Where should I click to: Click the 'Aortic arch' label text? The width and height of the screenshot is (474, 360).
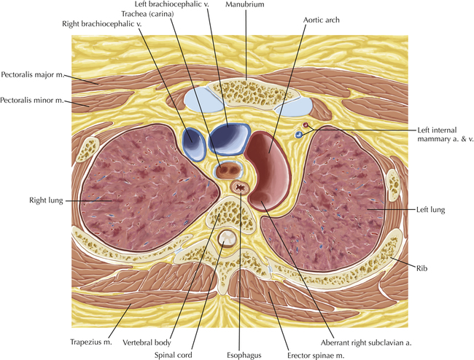click(321, 20)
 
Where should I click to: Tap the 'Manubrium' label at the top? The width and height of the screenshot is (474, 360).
click(244, 4)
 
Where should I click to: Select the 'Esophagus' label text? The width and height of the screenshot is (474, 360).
click(244, 356)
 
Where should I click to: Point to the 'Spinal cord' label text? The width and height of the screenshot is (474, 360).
click(174, 355)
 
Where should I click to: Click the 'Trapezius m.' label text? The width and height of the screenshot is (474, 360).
click(91, 342)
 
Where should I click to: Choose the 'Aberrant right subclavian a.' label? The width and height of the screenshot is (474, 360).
click(366, 343)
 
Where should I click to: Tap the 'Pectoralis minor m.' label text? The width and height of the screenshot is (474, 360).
click(32, 100)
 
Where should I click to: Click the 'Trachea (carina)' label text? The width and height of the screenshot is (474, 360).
click(147, 14)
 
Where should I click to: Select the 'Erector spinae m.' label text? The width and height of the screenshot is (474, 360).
click(316, 356)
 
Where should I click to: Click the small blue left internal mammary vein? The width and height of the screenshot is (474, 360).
click(299, 135)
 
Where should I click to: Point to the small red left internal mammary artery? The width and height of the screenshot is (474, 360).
click(306, 125)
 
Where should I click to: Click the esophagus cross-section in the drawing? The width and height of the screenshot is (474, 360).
click(240, 187)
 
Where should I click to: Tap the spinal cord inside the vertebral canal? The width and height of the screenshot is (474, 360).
click(226, 238)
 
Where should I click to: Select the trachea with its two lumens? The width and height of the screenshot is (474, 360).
click(228, 171)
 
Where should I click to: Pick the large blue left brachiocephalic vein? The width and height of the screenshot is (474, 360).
click(230, 139)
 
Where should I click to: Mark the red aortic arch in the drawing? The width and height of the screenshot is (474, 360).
click(268, 171)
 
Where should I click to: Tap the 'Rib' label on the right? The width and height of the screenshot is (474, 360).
click(421, 268)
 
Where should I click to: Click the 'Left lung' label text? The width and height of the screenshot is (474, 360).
click(430, 210)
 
